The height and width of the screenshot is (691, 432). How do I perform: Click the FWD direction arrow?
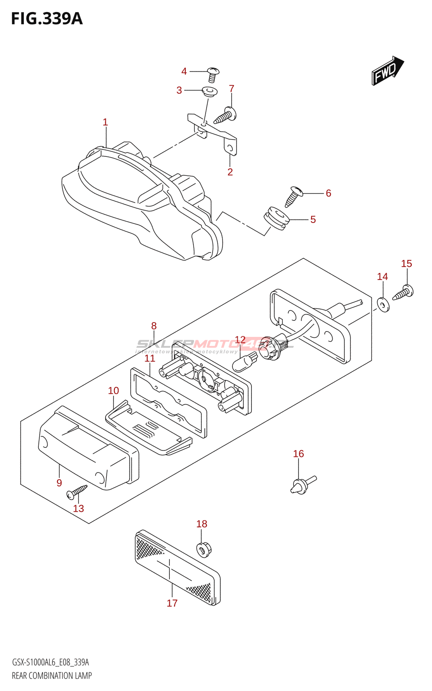pyautogui.click(x=387, y=71)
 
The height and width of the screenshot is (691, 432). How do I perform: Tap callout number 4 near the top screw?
pyautogui.click(x=184, y=71)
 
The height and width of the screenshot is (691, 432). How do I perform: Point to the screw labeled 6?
pyautogui.click(x=293, y=196)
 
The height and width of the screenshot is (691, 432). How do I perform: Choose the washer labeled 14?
pyautogui.click(x=383, y=304)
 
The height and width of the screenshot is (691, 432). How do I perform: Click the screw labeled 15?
pyautogui.click(x=403, y=292)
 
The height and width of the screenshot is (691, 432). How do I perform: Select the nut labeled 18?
pyautogui.click(x=203, y=549)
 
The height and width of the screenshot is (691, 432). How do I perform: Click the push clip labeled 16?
pyautogui.click(x=302, y=485)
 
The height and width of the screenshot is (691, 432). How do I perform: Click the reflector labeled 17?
pyautogui.click(x=178, y=566)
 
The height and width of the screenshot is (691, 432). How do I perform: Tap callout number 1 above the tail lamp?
pyautogui.click(x=105, y=122)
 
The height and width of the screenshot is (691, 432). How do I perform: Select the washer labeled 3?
pyautogui.click(x=210, y=91)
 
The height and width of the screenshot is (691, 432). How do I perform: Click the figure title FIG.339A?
pyautogui.click(x=47, y=19)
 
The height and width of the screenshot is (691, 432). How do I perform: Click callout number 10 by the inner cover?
pyautogui.click(x=113, y=391)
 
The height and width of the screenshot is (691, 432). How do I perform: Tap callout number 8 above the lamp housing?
pyautogui.click(x=154, y=326)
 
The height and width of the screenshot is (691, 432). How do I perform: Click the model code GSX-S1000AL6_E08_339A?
pyautogui.click(x=50, y=662)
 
